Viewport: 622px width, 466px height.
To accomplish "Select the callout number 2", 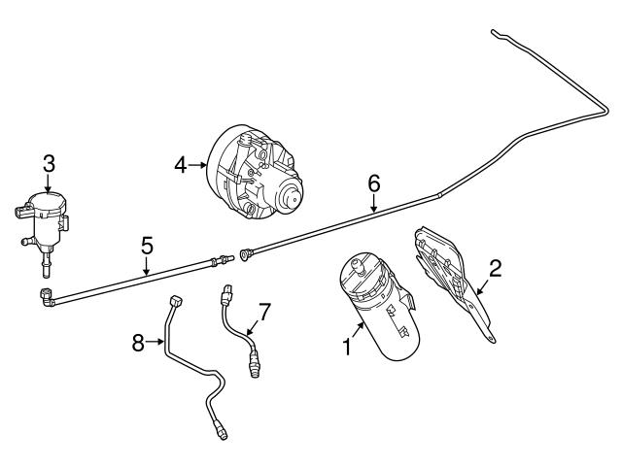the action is pos(495,269).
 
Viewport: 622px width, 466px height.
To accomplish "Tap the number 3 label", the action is pos(49,164).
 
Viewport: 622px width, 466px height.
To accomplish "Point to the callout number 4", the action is pos(181,165).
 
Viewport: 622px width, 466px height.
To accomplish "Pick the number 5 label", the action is pos(147,246).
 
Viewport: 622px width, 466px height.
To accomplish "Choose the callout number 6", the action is pos(373,183).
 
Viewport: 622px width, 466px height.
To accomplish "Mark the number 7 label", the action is pos(264,313).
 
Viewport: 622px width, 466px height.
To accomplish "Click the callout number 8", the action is pos(138,343).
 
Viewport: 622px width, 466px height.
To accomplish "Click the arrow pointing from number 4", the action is pos(198,165).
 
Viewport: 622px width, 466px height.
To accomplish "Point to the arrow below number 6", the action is pos(373,203).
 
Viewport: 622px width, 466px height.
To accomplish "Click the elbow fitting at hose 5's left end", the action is pos(47,298).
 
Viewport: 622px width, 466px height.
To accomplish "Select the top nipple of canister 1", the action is pos(359,267).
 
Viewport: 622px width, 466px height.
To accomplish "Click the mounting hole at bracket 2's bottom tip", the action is pos(491,338).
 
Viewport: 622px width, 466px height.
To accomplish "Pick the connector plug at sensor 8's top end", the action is pos(175,301).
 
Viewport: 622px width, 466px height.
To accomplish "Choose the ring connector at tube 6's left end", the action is pos(245,254).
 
